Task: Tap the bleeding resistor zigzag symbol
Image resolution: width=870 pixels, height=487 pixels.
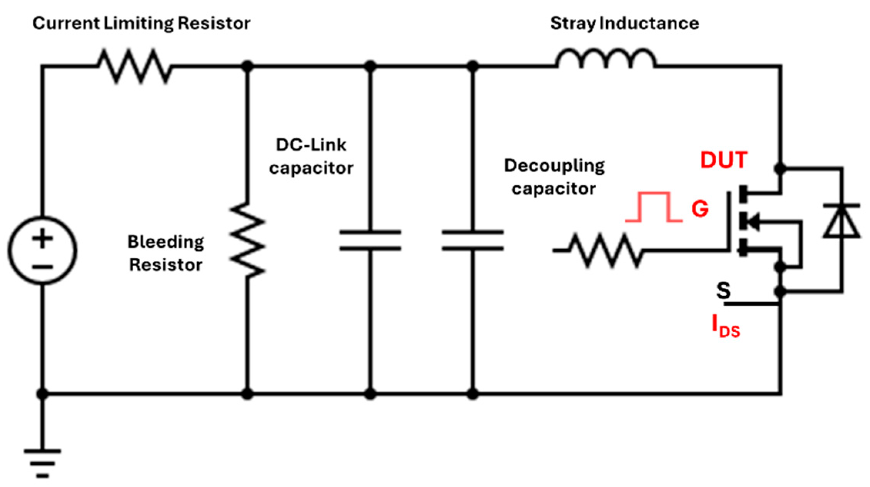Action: (248, 241)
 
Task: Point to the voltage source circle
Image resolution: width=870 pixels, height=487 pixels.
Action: (42, 251)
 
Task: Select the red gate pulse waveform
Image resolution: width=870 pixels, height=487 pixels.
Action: (654, 207)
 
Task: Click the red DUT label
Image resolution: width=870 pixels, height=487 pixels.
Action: (724, 160)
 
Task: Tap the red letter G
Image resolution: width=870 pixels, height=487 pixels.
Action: (700, 209)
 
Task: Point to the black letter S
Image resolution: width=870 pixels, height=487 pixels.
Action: (723, 291)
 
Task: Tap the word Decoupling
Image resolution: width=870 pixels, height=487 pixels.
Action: (554, 166)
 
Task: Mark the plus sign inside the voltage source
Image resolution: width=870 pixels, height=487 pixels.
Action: (42, 238)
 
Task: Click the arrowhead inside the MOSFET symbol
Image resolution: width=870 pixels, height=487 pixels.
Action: (753, 222)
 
